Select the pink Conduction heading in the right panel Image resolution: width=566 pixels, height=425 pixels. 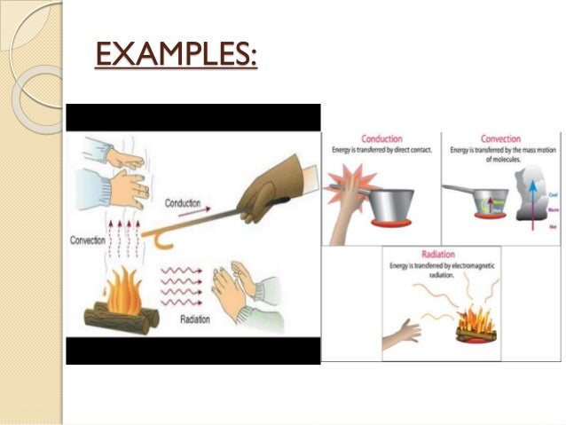[x=382, y=139]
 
